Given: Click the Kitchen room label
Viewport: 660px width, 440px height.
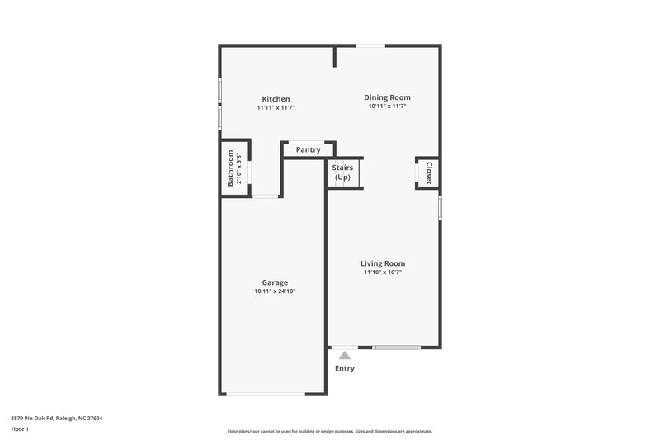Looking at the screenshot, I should click(276, 99).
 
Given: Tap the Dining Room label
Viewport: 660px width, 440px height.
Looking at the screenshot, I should click(387, 97).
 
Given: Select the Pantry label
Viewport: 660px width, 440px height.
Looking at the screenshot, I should click(309, 149).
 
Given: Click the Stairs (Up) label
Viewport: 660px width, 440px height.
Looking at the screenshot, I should click(342, 173).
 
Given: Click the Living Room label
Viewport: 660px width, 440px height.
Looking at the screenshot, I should click(383, 263).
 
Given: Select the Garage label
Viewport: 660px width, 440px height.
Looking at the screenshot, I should click(275, 282).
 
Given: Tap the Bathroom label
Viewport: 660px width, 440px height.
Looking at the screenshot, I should click(230, 168).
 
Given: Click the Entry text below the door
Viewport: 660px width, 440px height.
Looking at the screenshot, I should click(345, 368).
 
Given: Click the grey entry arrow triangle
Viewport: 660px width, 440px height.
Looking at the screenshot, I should click(345, 355).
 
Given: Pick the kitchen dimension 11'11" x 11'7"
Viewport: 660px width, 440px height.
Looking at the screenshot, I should click(276, 108).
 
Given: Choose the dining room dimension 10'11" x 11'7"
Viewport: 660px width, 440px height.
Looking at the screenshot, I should click(387, 106).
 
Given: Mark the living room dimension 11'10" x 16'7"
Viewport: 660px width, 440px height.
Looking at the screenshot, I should click(383, 272).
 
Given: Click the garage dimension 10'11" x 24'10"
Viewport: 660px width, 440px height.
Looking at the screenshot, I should click(275, 291).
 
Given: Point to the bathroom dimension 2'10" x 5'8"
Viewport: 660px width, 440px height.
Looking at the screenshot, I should click(239, 168).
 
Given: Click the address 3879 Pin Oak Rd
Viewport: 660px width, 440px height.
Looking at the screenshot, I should click(57, 418).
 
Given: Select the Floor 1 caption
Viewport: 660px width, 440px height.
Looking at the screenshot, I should click(20, 429).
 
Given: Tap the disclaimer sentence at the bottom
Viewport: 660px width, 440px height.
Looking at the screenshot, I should click(330, 431).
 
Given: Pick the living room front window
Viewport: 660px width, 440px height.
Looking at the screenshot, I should click(396, 348).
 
